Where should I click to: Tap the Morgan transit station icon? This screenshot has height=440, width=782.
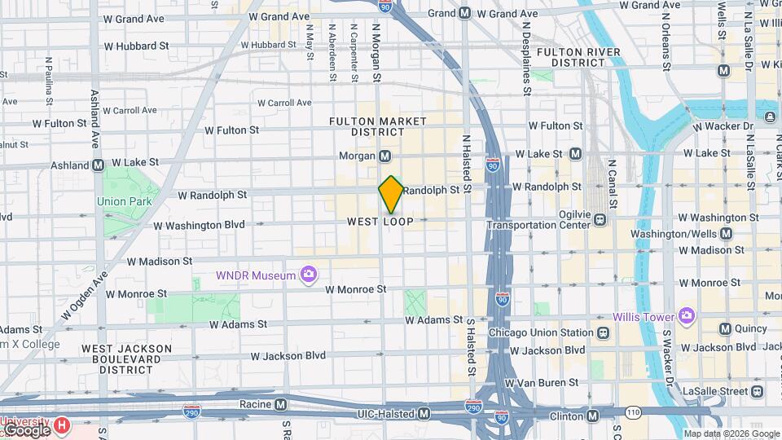pos(385,156)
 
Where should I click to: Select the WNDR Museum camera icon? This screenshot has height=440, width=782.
pos(308,275)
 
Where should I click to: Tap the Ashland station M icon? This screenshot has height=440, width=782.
pos(98,165)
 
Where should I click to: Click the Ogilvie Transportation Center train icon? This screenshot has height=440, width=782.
pos(600,219)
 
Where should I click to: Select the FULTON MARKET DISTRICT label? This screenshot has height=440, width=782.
pos(377,126)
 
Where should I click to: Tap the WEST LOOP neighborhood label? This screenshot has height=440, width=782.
pos(380,222)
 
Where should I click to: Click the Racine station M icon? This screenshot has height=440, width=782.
pos(280,404)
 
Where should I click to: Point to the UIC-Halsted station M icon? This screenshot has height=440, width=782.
pos(424,414)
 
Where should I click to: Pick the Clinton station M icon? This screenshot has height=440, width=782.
pos(592,416)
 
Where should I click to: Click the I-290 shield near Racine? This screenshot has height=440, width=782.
pos(192,412)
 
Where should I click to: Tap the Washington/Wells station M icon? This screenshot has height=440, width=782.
pos(726,234)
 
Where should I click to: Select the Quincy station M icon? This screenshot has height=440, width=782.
pos(725,328)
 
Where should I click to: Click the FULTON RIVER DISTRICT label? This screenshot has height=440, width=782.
pos(579,57)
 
